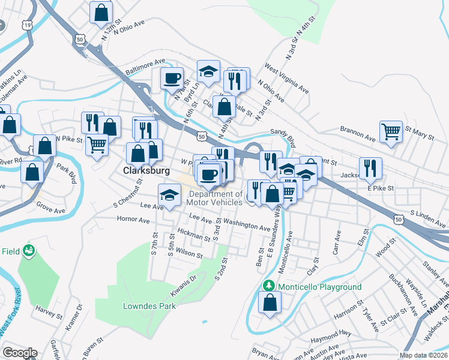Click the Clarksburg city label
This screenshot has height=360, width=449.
146,170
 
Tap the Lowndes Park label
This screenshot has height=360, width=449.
149,305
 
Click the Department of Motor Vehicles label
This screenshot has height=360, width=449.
215,198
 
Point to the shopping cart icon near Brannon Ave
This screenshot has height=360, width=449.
391,131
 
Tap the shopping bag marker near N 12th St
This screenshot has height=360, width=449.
101,11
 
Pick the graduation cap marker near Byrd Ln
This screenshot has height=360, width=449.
208,71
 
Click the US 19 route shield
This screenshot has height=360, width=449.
27,25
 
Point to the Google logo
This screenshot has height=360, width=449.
20,353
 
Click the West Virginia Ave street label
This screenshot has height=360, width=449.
286,79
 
